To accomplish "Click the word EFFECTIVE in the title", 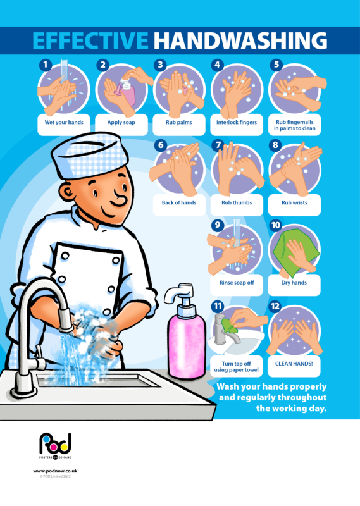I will (90, 41).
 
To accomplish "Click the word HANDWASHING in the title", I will (240, 41).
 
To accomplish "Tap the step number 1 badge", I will (44, 65).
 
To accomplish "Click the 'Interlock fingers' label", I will (237, 122).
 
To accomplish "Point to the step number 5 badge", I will (276, 65).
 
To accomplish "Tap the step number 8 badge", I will (276, 145).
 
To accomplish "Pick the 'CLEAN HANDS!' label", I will (295, 364).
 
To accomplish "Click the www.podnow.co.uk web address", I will (55, 471).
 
